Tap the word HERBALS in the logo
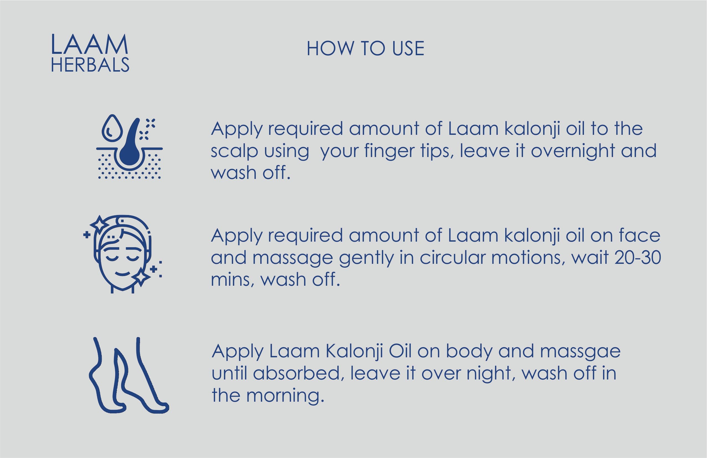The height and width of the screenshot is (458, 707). click(90, 65)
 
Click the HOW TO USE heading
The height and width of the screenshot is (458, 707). click(365, 49)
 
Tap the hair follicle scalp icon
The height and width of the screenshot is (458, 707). click(129, 146)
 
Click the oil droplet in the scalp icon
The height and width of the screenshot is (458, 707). click(112, 128)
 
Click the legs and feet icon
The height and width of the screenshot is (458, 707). click(129, 375)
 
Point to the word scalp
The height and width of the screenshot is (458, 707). click(234, 152)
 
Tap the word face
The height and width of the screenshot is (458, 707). click(639, 235)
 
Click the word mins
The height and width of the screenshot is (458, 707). click(232, 280)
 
